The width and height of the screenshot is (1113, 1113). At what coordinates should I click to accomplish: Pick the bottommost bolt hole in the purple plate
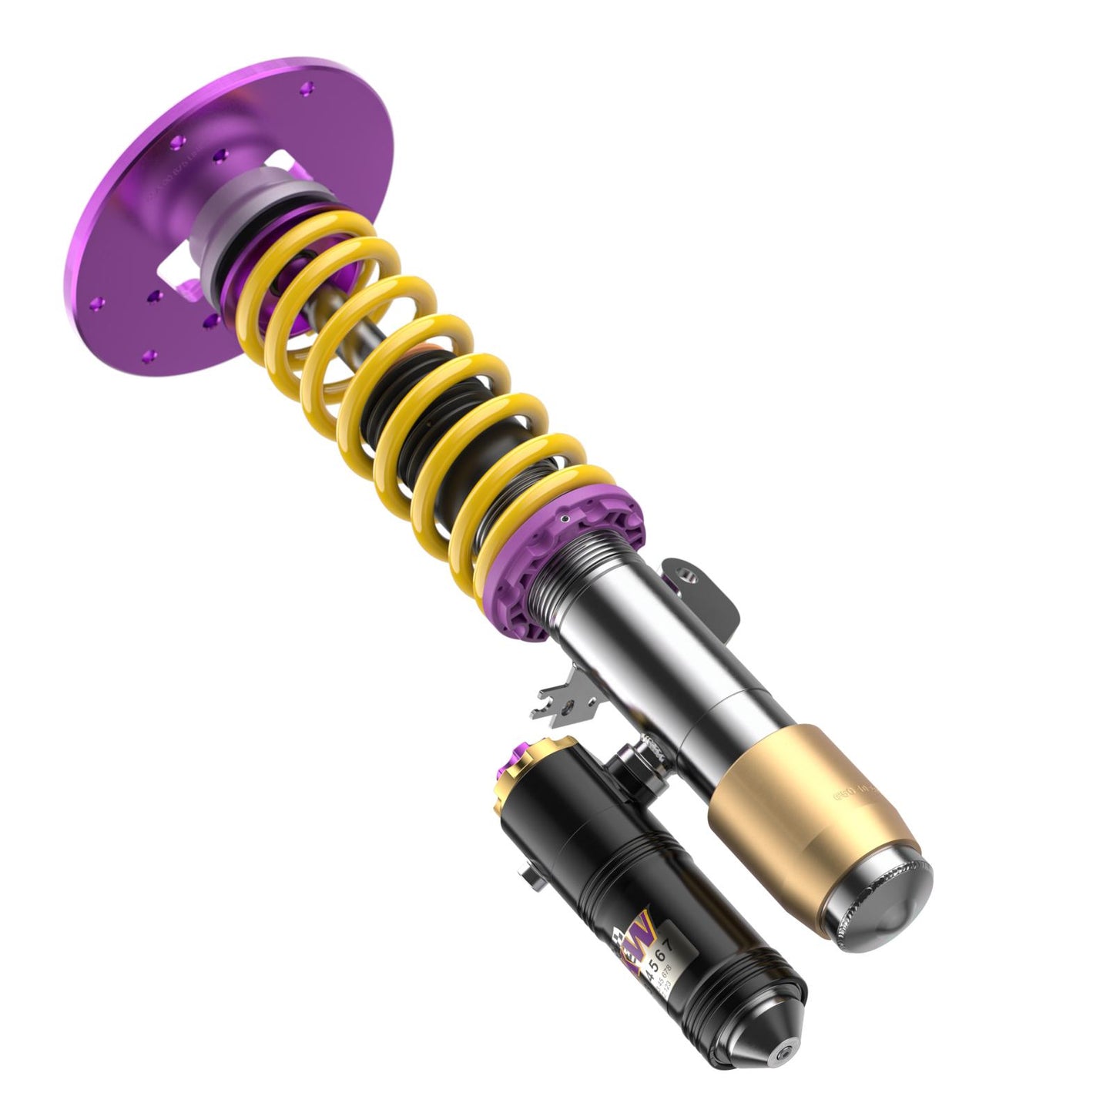click(x=151, y=355)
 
